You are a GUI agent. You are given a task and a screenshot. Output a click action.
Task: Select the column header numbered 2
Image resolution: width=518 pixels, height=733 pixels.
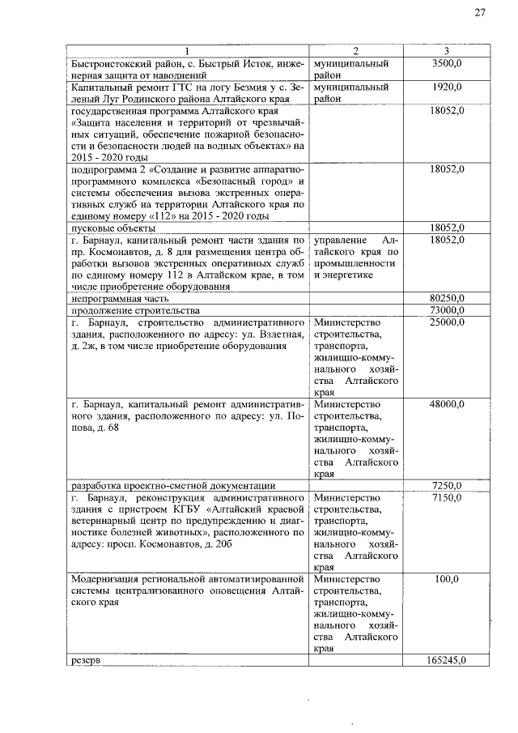point(357,52)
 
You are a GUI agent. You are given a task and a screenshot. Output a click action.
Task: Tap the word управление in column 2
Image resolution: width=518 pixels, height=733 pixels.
point(339,241)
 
